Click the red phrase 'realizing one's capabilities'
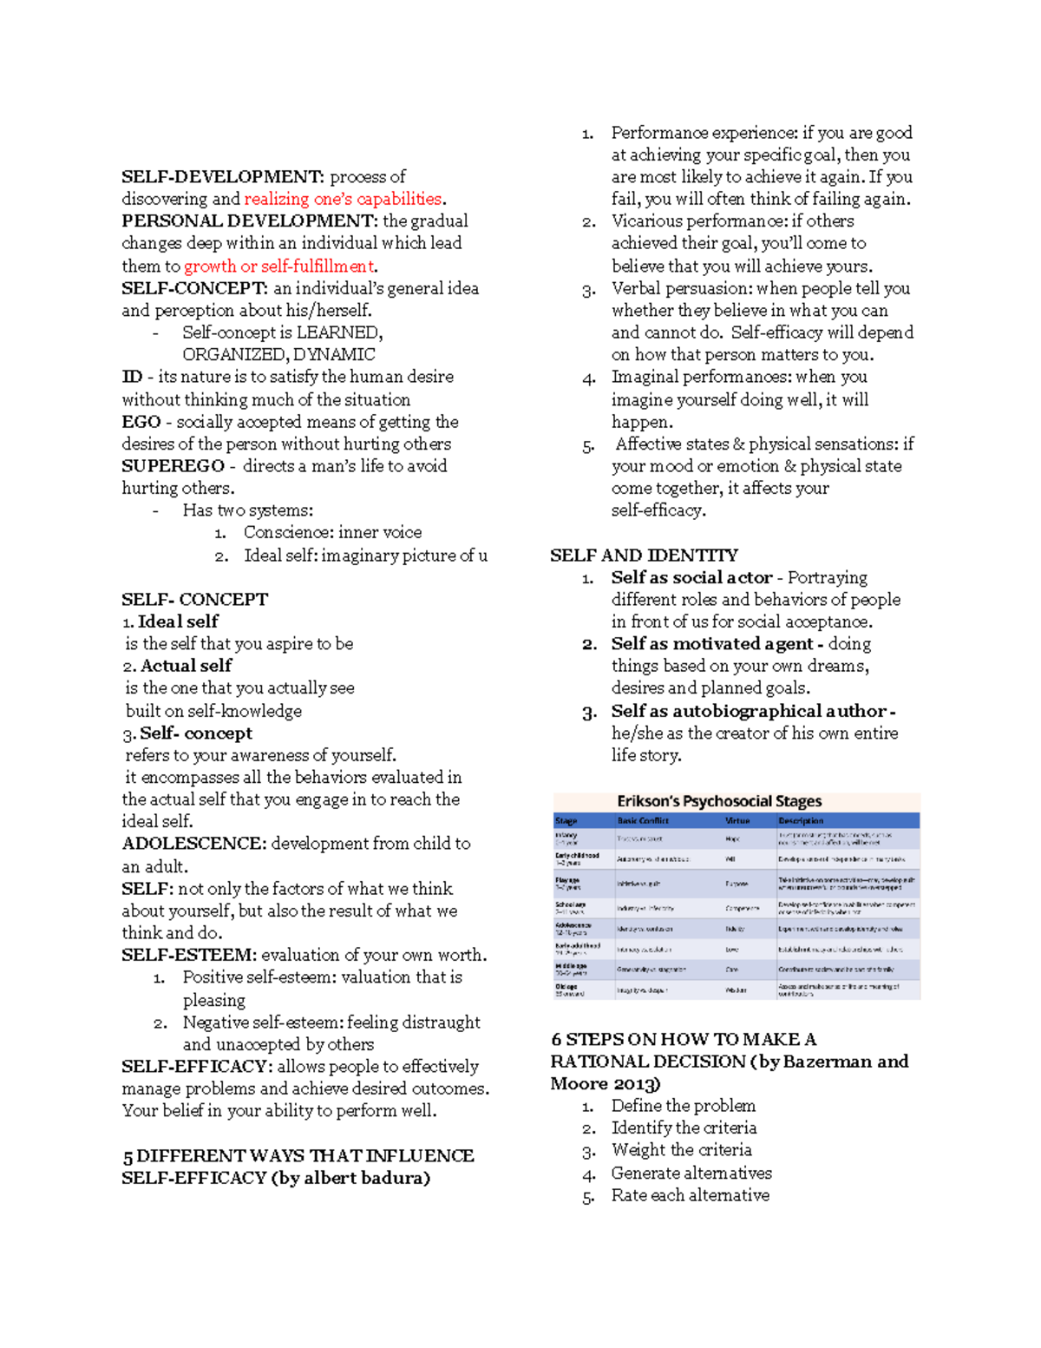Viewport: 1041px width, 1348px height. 344,199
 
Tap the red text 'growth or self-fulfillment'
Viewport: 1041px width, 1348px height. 278,266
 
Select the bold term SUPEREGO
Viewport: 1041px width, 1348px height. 173,466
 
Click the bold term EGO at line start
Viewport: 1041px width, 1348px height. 141,422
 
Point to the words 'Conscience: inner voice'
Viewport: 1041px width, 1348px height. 332,532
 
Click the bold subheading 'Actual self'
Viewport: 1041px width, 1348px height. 186,666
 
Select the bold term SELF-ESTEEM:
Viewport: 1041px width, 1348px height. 188,955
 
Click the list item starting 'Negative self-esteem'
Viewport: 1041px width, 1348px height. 331,1023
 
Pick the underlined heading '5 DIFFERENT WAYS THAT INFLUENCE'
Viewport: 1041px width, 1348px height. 298,1156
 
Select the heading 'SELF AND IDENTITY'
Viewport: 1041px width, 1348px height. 644,556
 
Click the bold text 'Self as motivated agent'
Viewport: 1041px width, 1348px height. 711,644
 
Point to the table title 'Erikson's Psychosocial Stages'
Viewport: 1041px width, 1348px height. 719,801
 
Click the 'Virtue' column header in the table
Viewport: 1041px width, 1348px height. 737,820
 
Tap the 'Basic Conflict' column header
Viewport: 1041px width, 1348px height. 643,820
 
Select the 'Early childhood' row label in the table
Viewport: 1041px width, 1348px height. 577,855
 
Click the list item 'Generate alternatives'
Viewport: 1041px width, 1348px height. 691,1174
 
